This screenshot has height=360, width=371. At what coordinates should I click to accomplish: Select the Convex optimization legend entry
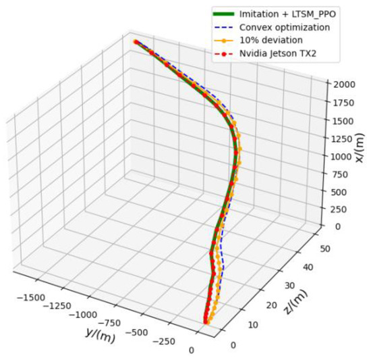[x=283, y=27]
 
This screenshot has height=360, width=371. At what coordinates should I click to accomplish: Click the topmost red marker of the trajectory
[x=136, y=42]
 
